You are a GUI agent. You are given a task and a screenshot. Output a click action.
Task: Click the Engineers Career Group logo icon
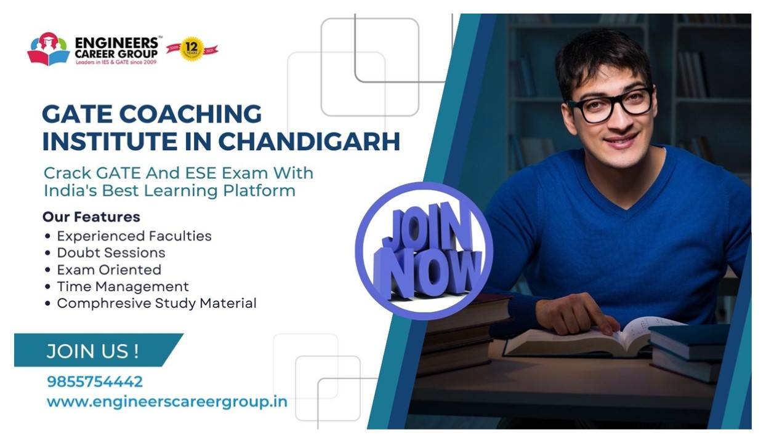49,49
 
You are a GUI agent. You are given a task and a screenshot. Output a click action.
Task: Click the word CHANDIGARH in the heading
309,141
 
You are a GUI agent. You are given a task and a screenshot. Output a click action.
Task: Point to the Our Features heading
91,217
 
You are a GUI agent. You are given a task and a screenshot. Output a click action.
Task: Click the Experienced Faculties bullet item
134,236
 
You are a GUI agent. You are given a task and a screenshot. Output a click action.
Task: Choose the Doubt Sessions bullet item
111,253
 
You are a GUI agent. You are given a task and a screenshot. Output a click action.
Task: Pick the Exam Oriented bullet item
109,270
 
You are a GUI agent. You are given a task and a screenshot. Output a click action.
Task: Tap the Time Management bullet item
123,287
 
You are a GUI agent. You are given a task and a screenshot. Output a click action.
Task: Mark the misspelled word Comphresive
99,303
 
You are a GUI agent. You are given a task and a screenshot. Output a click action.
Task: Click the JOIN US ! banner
93,351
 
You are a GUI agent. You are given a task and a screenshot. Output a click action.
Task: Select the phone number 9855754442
95,381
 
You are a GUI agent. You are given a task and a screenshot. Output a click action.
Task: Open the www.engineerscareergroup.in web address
167,402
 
